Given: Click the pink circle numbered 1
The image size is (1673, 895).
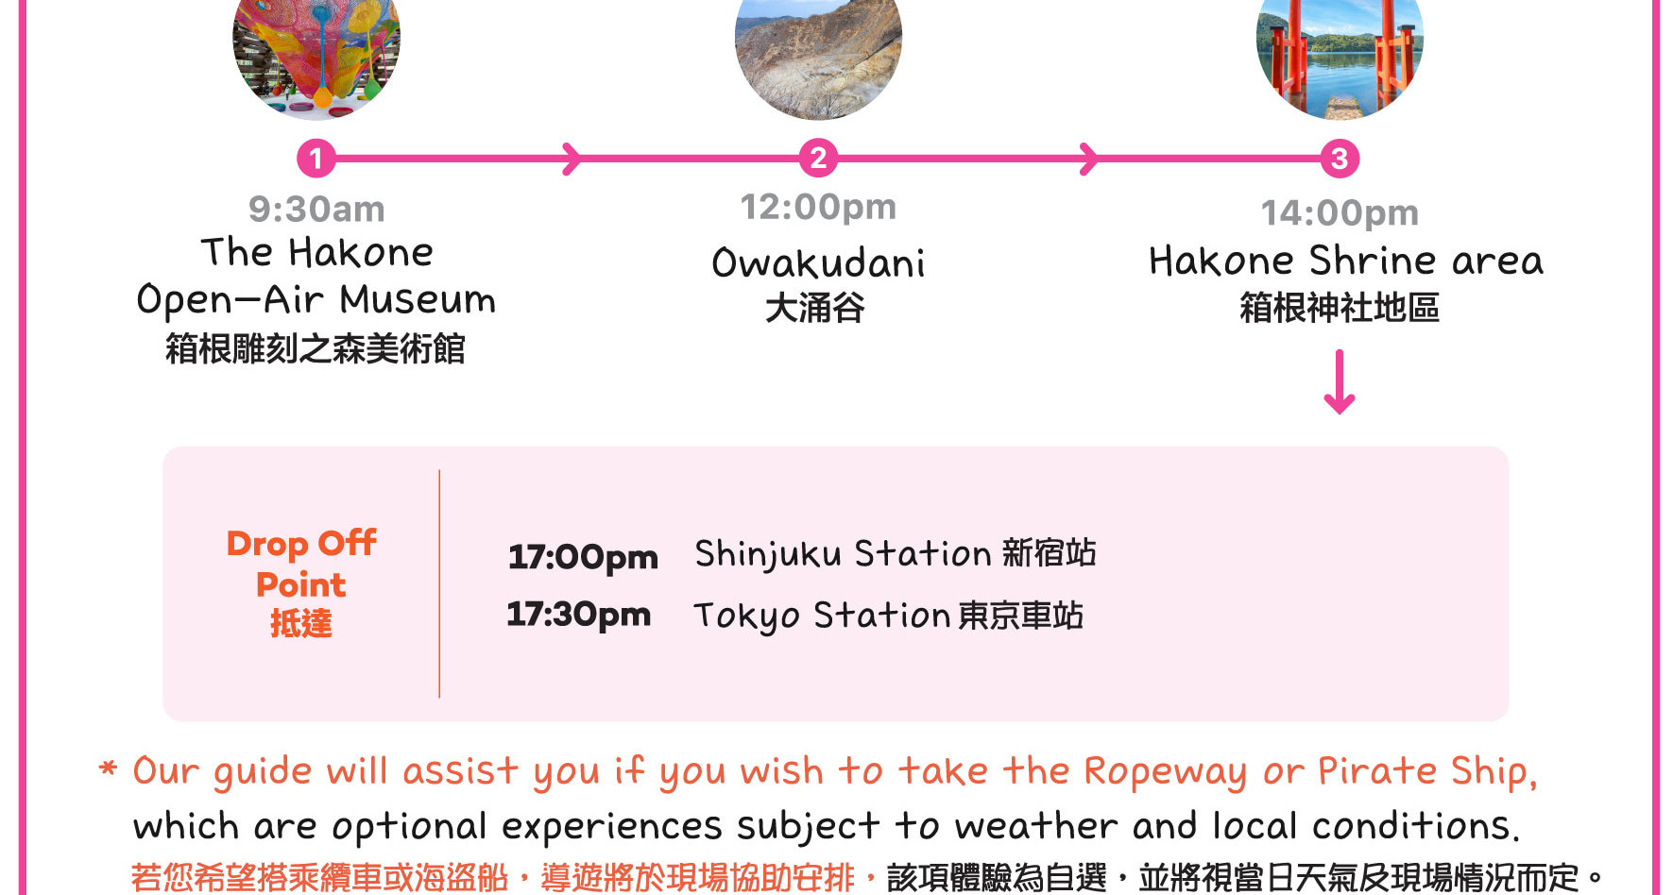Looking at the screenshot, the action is pyautogui.click(x=316, y=158).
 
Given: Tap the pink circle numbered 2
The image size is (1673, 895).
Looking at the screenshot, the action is pyautogui.click(x=818, y=158).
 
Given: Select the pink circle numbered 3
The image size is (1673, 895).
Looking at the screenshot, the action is pyautogui.click(x=1340, y=159).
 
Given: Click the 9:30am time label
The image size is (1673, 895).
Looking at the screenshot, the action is pyautogui.click(x=316, y=210).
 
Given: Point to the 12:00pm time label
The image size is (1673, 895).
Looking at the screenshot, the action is pyautogui.click(x=818, y=207).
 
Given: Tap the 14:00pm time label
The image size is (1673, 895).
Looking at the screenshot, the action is pyautogui.click(x=1340, y=213).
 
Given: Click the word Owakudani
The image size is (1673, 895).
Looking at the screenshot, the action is pyautogui.click(x=818, y=262).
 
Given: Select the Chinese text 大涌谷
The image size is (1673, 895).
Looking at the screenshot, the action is pyautogui.click(x=815, y=308).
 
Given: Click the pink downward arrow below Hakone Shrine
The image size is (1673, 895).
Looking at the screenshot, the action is pyautogui.click(x=1340, y=382).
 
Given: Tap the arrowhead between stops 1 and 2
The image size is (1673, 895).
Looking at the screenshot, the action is pyautogui.click(x=572, y=159).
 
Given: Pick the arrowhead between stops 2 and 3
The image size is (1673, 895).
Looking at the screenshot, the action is pyautogui.click(x=1089, y=159).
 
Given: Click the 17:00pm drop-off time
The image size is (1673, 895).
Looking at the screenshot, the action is pyautogui.click(x=583, y=557).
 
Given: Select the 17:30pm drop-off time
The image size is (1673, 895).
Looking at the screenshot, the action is pyautogui.click(x=579, y=615).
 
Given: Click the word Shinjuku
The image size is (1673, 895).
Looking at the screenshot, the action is pyautogui.click(x=767, y=554).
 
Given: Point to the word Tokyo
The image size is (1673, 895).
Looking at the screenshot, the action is pyautogui.click(x=746, y=616).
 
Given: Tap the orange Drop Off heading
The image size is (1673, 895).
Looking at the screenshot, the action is pyautogui.click(x=301, y=543).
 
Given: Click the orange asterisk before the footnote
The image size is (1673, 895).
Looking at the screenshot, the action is pyautogui.click(x=109, y=768).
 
